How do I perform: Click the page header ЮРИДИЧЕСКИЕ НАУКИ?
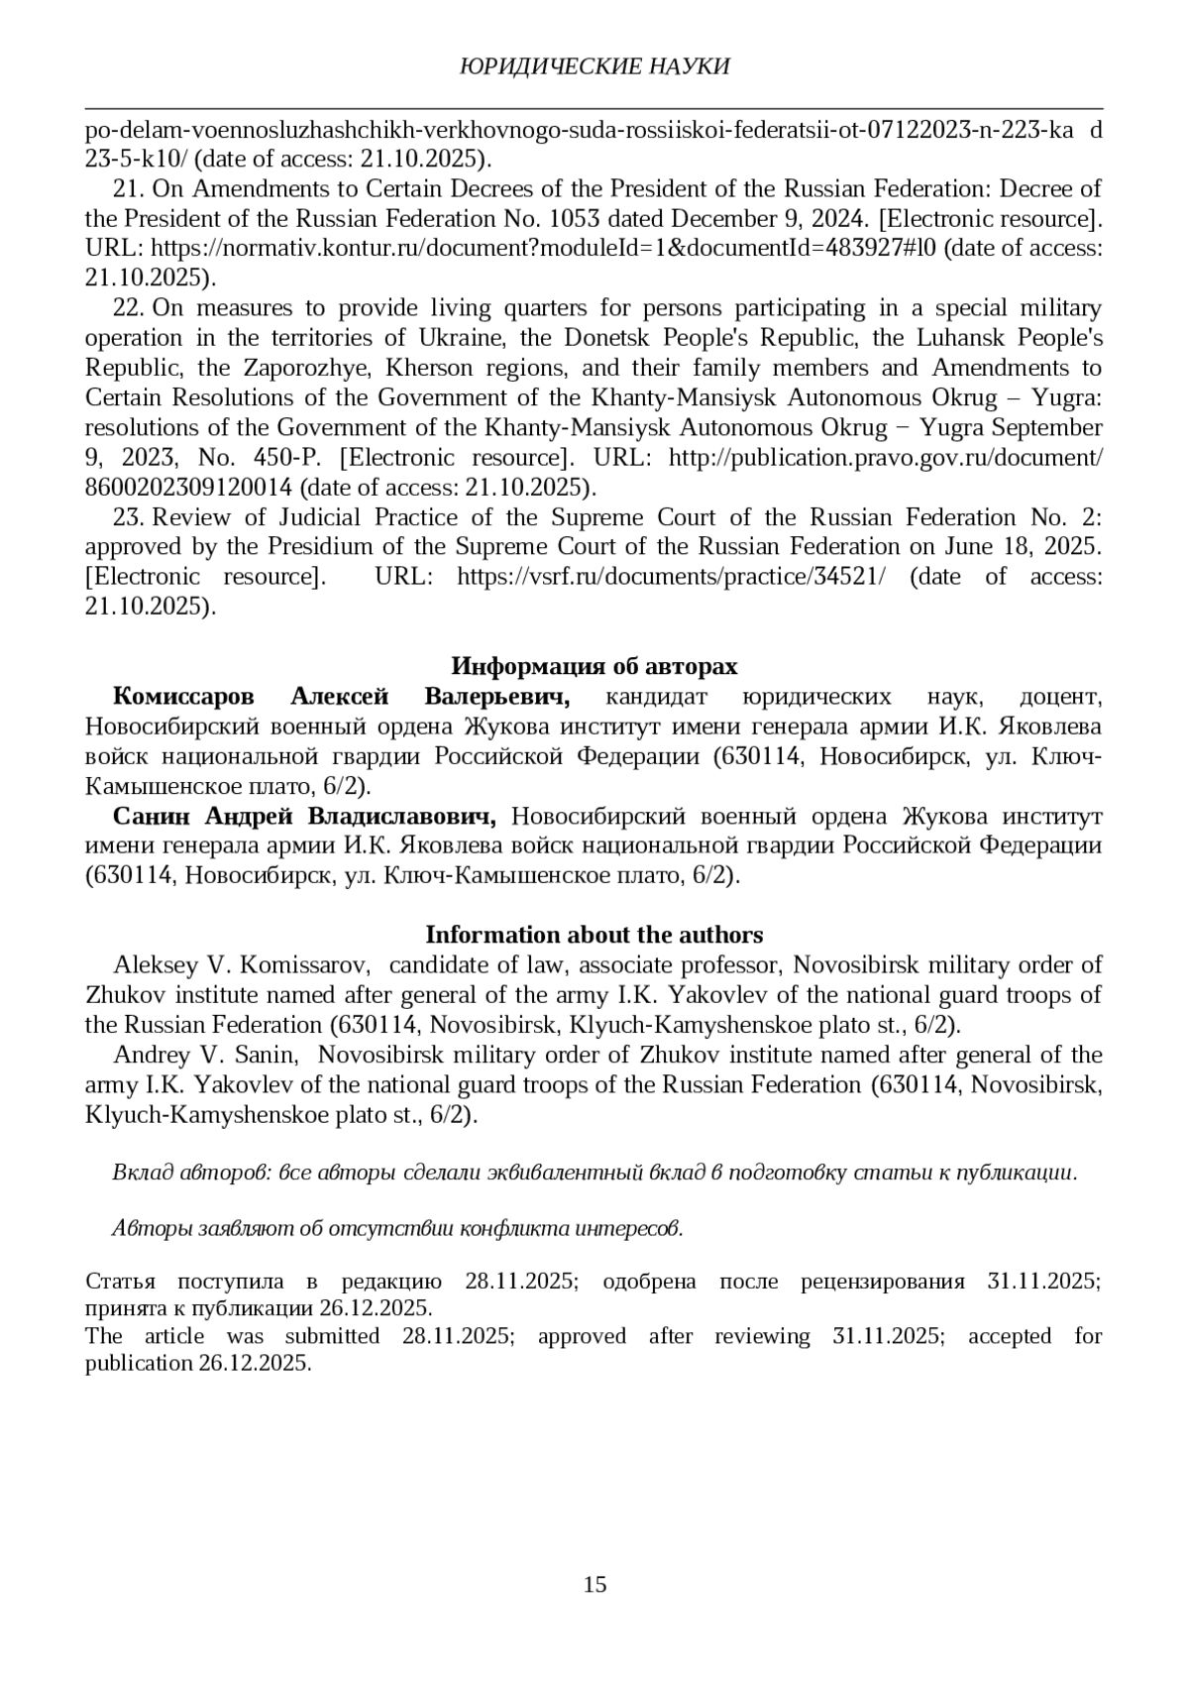tap(594, 66)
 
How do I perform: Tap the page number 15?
tap(594, 1584)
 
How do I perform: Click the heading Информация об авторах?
tap(594, 665)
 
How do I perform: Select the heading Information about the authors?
tap(594, 935)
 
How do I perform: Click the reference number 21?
tap(130, 188)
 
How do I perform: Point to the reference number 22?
tap(130, 308)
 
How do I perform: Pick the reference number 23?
tap(130, 517)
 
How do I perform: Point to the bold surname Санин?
tap(154, 817)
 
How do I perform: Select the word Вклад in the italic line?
tap(145, 1173)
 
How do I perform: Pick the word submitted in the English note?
tap(332, 1336)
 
